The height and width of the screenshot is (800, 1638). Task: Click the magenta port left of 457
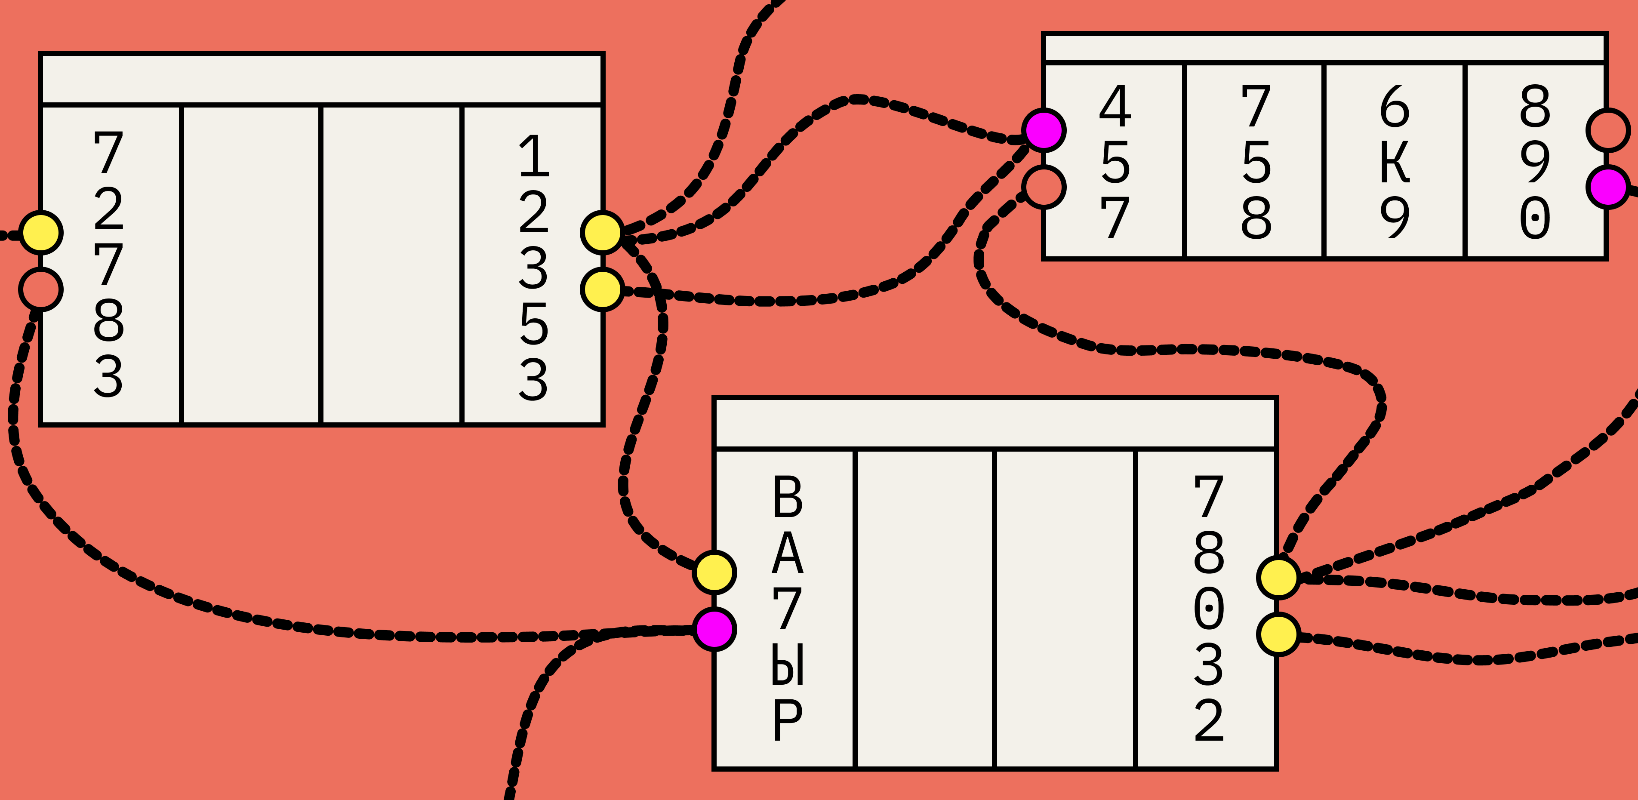tap(1044, 130)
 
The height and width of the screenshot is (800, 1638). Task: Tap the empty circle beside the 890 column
tap(1607, 130)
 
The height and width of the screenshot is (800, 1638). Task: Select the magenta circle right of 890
tap(1607, 187)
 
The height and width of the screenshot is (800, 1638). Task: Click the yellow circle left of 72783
tap(41, 233)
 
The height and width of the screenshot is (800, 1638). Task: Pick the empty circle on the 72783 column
tap(41, 290)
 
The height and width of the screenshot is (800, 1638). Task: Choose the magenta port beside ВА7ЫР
tap(715, 629)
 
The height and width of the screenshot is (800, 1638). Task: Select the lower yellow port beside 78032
tap(1278, 634)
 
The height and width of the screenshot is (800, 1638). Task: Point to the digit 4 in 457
tap(1115, 106)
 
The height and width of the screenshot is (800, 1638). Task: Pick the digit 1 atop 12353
tap(533, 155)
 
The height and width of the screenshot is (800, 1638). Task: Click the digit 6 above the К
tap(1395, 106)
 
